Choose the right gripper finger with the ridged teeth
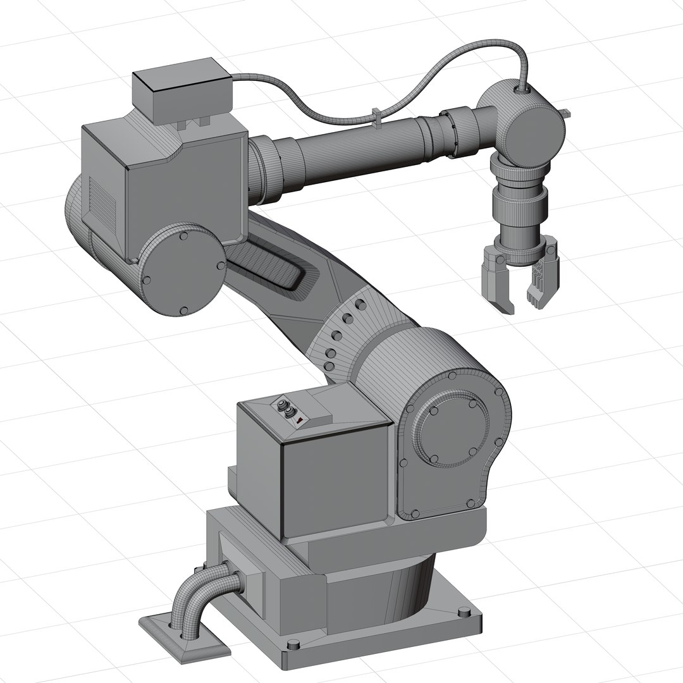543,278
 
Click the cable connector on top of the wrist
522,90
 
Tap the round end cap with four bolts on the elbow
183,270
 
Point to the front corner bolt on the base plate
292,644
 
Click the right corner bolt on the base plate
464,612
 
